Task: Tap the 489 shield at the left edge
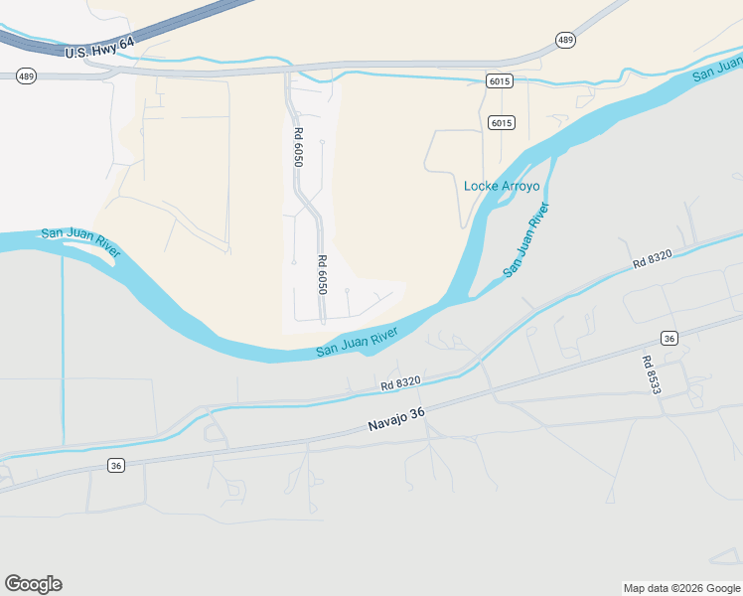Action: [x=25, y=74]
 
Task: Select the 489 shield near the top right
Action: [x=565, y=40]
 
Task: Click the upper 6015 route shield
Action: [x=500, y=81]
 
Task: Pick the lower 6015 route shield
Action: [x=501, y=122]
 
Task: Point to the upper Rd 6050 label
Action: [x=297, y=146]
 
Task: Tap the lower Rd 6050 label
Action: [x=322, y=274]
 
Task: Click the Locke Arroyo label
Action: [x=502, y=186]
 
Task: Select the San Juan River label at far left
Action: [x=80, y=242]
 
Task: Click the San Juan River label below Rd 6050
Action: [x=357, y=341]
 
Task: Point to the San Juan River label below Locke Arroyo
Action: [x=525, y=239]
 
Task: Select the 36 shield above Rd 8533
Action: [x=669, y=337]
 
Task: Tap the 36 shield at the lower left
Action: [x=116, y=465]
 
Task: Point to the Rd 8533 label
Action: [x=651, y=375]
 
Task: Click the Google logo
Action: [x=33, y=584]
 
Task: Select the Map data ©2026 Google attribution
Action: [x=681, y=588]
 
